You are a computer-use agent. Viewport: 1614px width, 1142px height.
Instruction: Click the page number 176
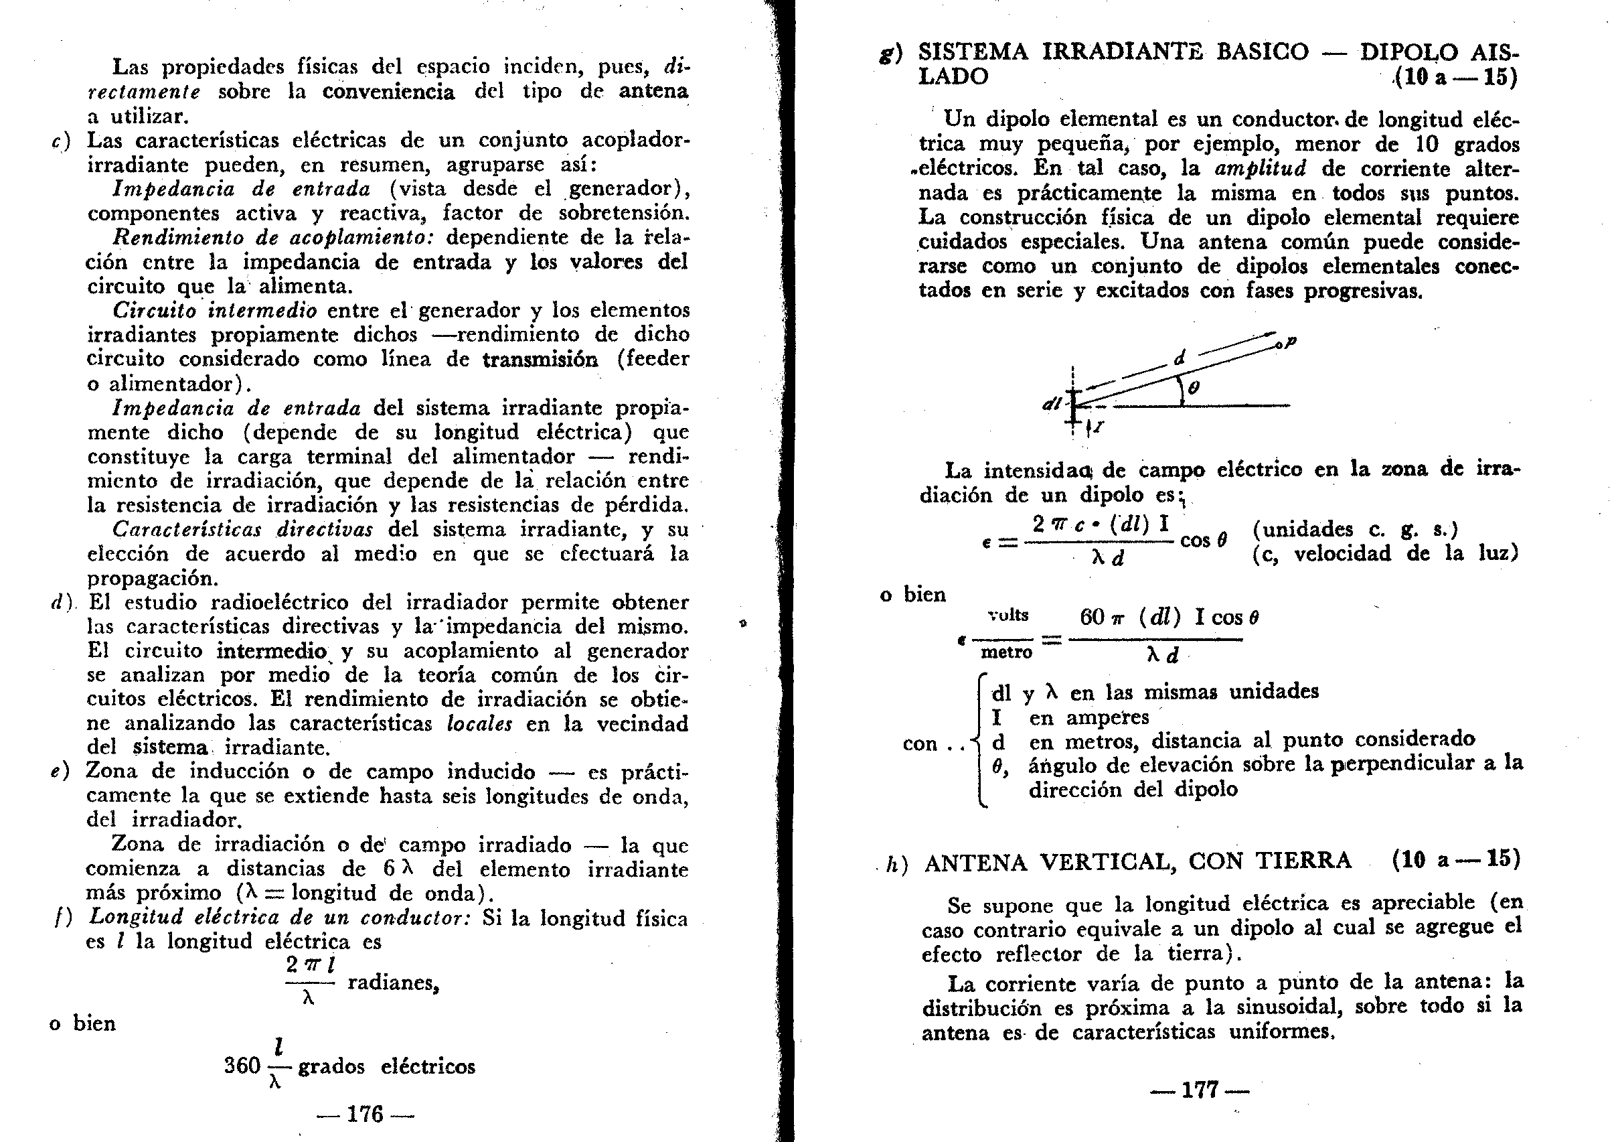pos(365,1114)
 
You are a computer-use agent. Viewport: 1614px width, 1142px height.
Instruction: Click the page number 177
pos(1199,1090)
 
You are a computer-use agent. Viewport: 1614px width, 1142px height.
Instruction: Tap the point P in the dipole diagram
pos(1288,342)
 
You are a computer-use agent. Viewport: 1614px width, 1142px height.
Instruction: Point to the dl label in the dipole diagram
pos(1052,404)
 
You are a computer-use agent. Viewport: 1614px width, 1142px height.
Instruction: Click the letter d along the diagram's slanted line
pos(1180,358)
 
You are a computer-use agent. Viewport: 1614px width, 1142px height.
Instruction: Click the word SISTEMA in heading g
pos(973,52)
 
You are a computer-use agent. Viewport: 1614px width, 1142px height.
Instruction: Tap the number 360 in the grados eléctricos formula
pos(242,1066)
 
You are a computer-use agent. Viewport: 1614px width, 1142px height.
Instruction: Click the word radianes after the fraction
pos(393,983)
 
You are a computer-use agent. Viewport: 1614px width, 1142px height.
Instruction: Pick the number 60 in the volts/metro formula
pos(1093,618)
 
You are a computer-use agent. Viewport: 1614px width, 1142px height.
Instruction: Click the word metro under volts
pos(1007,652)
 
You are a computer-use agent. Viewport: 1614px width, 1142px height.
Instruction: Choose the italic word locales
pos(479,723)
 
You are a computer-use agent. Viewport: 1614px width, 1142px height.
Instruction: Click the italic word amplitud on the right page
pos(1261,169)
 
